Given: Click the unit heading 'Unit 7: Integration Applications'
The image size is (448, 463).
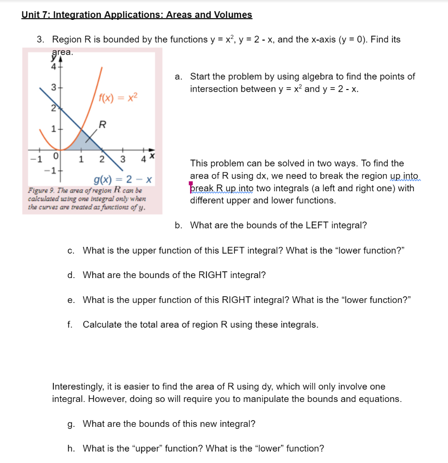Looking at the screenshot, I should pos(137,14).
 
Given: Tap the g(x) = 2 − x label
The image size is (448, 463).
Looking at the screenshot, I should pos(122,180).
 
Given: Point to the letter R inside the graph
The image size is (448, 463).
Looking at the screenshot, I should pos(103,124).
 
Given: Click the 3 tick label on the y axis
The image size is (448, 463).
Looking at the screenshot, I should pos(53,87).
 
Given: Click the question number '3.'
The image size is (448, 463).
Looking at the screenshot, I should pos(41,40).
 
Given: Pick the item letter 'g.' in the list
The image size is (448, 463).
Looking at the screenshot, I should pos(70,424).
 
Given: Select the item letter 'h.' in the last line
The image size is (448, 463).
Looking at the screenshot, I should pos(71,449).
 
